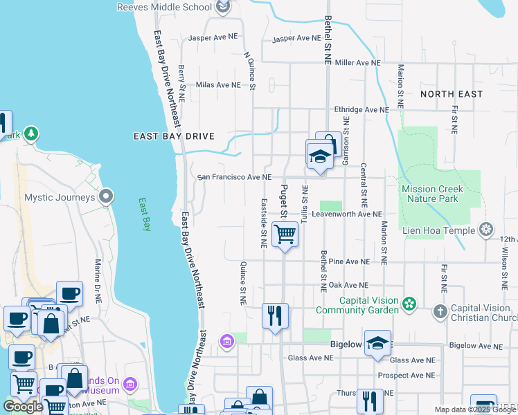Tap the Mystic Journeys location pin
click(x=106, y=197)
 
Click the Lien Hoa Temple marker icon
click(x=487, y=230)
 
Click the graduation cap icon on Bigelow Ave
click(x=377, y=344)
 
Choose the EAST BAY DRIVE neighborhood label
click(x=174, y=136)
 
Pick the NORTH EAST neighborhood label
click(x=451, y=93)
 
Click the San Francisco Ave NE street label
click(x=234, y=177)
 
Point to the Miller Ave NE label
click(x=357, y=62)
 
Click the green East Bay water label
click(x=145, y=214)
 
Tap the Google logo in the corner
click(x=23, y=407)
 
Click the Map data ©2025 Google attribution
click(x=475, y=409)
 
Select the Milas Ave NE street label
click(x=218, y=85)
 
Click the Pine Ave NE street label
click(x=350, y=262)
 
